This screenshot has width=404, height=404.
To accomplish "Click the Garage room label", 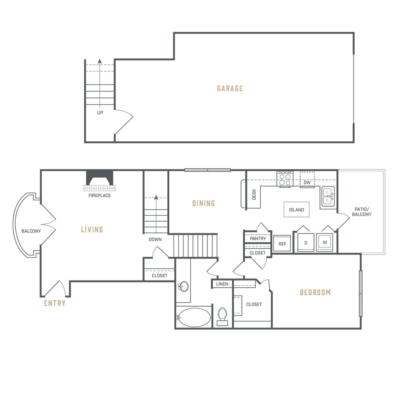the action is click(x=230, y=88).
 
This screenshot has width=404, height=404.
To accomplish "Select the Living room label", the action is click(x=92, y=229).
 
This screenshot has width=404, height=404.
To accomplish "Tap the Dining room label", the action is click(x=203, y=204).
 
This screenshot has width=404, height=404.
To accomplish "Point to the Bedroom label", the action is click(x=315, y=293).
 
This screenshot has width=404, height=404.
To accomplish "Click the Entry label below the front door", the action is click(x=54, y=303).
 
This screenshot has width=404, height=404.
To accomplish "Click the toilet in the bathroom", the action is click(x=223, y=316).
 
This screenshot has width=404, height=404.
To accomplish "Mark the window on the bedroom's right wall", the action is click(x=360, y=293).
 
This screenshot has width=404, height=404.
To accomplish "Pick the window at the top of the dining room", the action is click(x=208, y=170).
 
